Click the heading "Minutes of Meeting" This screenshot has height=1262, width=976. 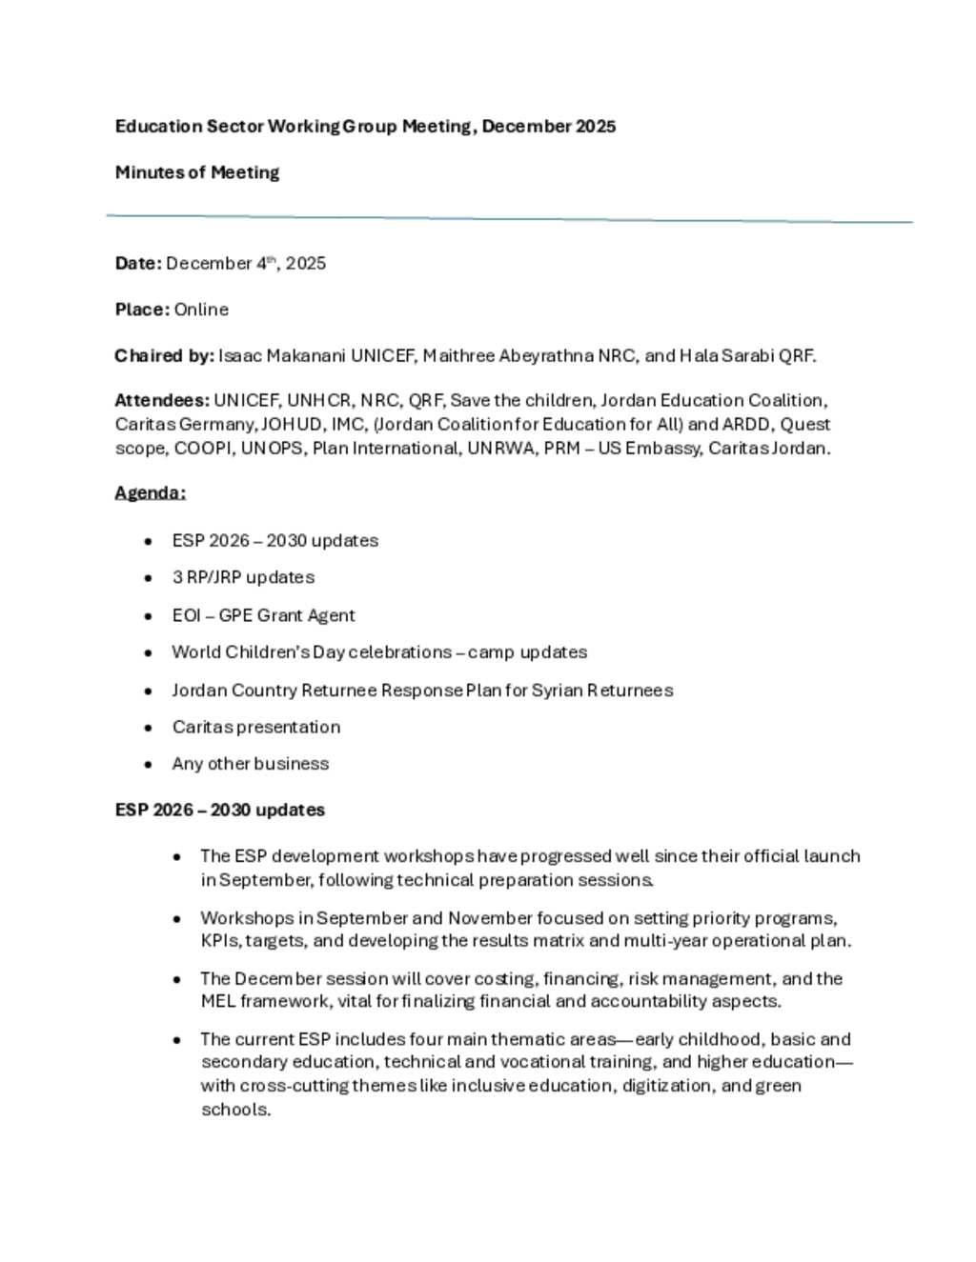197,172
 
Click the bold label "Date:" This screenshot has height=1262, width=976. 138,263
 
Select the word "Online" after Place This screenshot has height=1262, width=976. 201,310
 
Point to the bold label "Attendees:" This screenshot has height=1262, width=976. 162,400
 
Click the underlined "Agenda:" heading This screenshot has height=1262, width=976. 150,492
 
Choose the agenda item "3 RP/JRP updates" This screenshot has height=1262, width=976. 243,577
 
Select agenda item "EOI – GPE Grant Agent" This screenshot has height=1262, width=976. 263,615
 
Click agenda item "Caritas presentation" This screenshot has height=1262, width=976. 255,727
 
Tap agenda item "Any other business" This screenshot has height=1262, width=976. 250,764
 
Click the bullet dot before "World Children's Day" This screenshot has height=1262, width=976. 148,653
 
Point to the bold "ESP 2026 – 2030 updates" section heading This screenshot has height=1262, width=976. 219,810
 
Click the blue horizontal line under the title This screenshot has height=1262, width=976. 509,218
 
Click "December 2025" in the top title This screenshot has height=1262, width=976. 548,127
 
